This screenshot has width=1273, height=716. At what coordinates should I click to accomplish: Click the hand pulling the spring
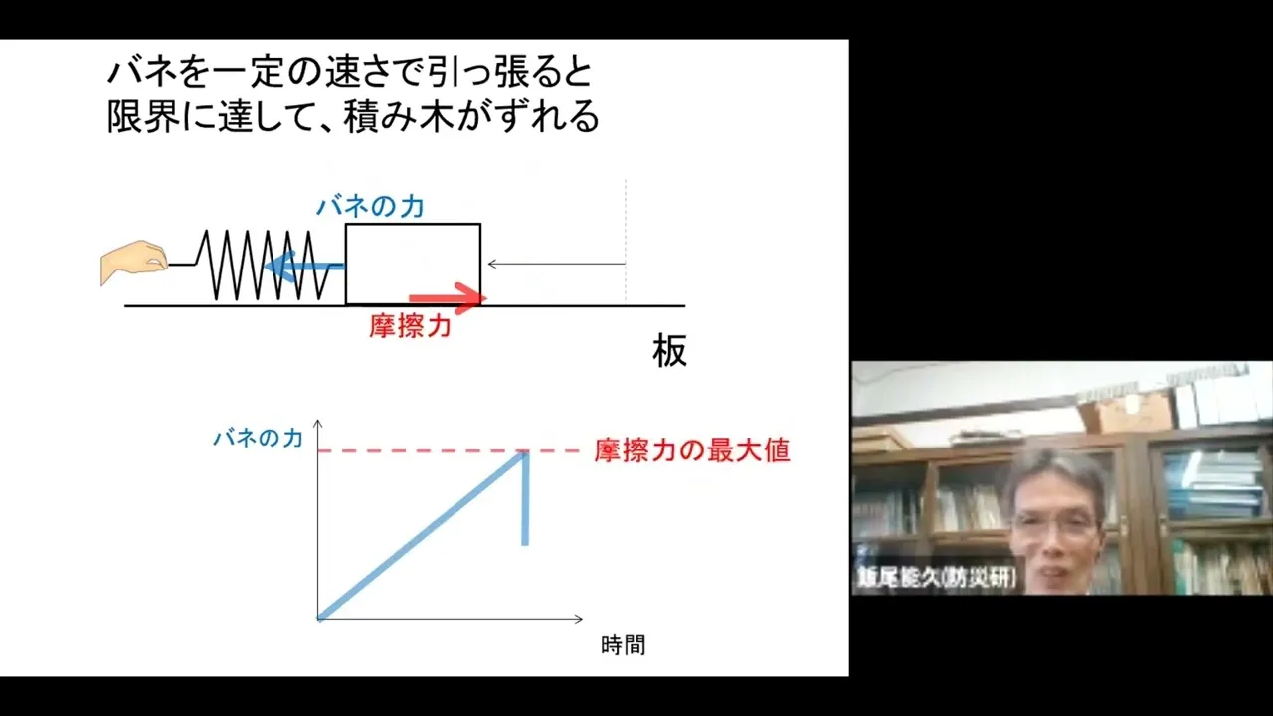tap(134, 262)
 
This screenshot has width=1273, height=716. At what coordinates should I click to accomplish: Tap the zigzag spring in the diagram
tap(263, 265)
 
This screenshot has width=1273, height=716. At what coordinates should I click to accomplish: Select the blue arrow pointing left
tap(304, 266)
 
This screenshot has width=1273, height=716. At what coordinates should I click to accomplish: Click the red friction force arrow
tap(449, 298)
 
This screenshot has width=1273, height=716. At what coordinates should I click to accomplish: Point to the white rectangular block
tap(413, 265)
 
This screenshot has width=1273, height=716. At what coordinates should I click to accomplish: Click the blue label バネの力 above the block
tap(371, 206)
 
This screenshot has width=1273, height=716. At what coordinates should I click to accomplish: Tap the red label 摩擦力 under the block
tap(411, 326)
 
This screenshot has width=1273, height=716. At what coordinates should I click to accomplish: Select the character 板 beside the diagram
tap(669, 351)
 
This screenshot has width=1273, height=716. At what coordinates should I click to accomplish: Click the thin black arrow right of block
tap(556, 264)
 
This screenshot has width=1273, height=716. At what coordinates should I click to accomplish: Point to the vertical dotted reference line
tap(626, 241)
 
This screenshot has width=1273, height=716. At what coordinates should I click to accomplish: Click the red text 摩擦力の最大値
tap(692, 450)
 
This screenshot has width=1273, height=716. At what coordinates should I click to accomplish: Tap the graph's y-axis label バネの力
tap(258, 439)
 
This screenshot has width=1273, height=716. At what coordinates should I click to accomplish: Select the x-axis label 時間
tap(623, 645)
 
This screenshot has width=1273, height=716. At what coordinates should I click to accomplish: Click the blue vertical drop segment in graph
tap(525, 498)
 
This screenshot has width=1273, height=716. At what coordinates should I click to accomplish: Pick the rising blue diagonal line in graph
tap(421, 535)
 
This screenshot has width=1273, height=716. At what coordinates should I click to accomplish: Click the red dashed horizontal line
tap(449, 451)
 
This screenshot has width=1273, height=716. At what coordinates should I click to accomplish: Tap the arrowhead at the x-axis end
tap(579, 619)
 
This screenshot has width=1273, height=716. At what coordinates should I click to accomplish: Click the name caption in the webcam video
tap(937, 578)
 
